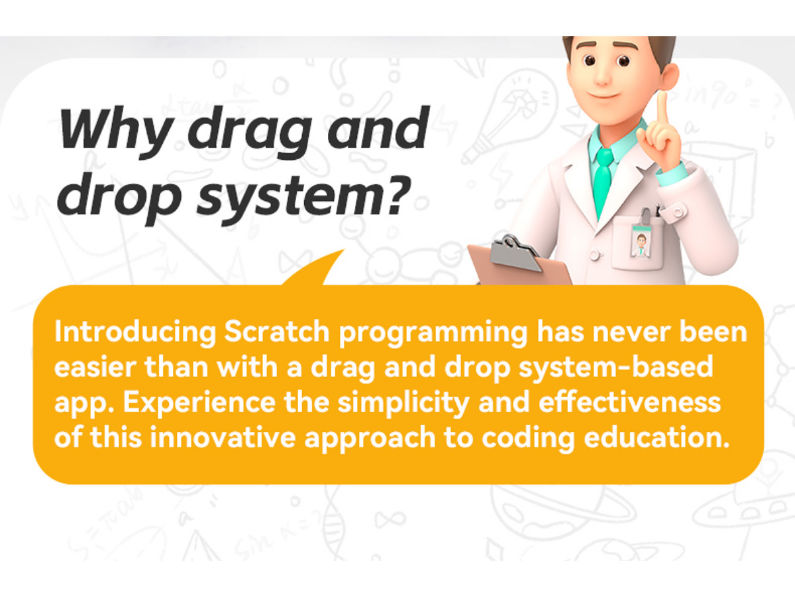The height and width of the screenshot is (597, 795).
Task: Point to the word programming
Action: tap(433, 334)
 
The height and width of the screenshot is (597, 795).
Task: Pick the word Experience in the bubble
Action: tap(199, 403)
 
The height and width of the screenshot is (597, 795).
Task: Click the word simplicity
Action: tap(403, 403)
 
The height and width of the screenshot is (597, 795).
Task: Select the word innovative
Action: tap(223, 437)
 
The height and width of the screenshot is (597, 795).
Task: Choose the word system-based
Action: tap(615, 369)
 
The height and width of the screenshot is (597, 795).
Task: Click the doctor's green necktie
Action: tap(604, 181)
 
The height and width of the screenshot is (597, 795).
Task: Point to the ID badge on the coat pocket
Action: tap(641, 241)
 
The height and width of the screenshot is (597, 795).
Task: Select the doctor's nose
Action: tap(602, 76)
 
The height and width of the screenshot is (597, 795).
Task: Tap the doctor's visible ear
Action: tap(669, 77)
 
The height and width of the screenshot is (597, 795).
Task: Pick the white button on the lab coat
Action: tap(594, 255)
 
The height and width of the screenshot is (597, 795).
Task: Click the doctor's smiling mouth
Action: tap(603, 96)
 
